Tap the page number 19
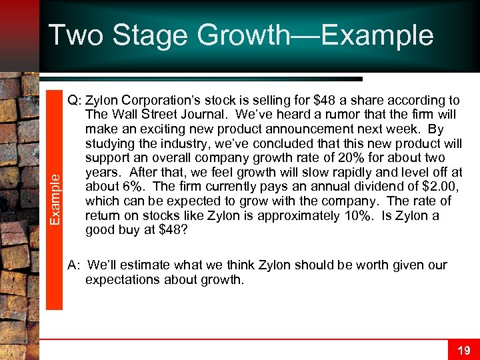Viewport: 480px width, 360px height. (x=463, y=349)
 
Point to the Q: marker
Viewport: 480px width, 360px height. (x=74, y=101)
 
